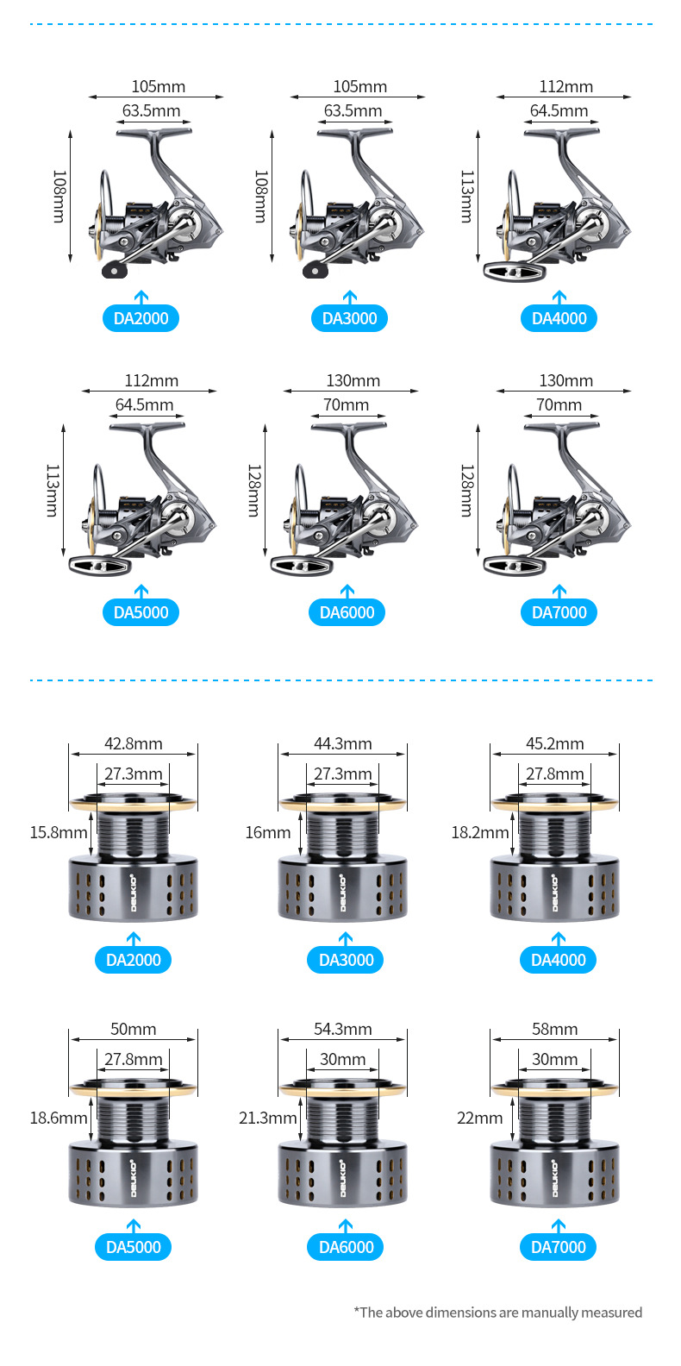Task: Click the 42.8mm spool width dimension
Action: (x=133, y=743)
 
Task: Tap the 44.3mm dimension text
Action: (x=342, y=743)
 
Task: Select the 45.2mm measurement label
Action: (x=554, y=743)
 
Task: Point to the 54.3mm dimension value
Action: (x=342, y=1029)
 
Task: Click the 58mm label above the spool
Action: (x=554, y=1029)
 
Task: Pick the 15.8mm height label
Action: (x=59, y=832)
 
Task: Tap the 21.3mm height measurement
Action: (x=267, y=1118)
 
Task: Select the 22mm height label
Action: (x=479, y=1118)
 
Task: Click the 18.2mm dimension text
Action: (x=479, y=832)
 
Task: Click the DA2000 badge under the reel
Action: (x=141, y=318)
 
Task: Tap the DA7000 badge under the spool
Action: (x=558, y=1247)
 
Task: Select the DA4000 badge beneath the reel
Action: (x=559, y=318)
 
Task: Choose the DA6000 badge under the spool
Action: (x=346, y=1247)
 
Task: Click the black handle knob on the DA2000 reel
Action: (x=114, y=270)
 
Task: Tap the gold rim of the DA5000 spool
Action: (x=133, y=1090)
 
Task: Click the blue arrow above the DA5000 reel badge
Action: (x=141, y=591)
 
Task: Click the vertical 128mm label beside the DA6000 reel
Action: (x=253, y=491)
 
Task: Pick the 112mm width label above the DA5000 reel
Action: (x=151, y=380)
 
